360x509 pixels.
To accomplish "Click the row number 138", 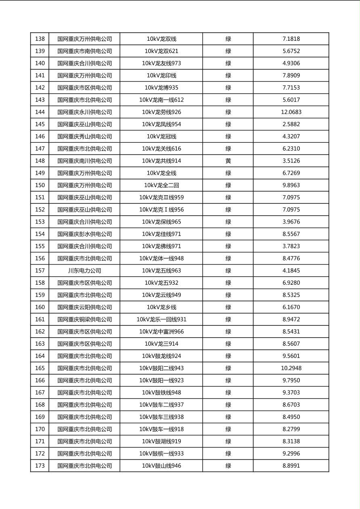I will [x=40, y=39].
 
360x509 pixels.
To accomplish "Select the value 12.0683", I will [x=291, y=112].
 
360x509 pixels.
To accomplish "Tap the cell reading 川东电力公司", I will [x=84, y=271].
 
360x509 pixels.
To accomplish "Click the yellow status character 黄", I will [x=228, y=161].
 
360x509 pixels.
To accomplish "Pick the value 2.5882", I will [x=291, y=124].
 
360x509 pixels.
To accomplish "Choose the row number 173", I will [x=40, y=466].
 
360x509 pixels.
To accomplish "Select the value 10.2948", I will [x=291, y=368].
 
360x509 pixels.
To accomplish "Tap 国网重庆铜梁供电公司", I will [x=84, y=319].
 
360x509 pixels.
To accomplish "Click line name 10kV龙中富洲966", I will [x=161, y=332].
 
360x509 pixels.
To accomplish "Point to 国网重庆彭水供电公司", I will [x=84, y=234].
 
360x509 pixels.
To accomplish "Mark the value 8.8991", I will [x=291, y=466].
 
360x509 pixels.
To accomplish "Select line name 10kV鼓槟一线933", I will [x=161, y=454].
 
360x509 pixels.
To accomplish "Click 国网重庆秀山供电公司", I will [x=84, y=136].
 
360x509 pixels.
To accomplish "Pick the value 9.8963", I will [x=291, y=186].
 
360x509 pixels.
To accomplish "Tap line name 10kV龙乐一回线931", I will [x=161, y=319].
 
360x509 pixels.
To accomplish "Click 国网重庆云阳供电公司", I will [x=84, y=307].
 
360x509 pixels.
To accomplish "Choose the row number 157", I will [x=40, y=271].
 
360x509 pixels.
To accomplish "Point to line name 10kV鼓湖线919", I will [x=161, y=442].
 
